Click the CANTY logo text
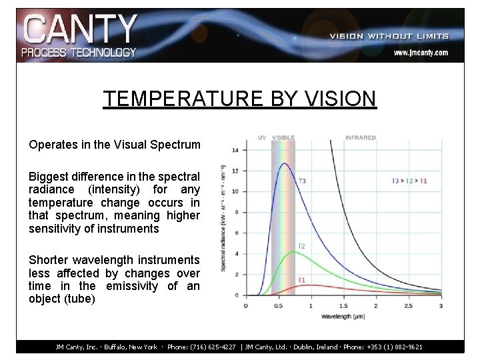pyautogui.click(x=80, y=30)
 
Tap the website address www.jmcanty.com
pyautogui.click(x=420, y=52)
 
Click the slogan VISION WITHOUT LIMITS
pyautogui.click(x=389, y=36)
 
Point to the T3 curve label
pyautogui.click(x=302, y=180)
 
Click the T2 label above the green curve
pyautogui.click(x=301, y=246)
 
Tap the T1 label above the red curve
pyautogui.click(x=301, y=279)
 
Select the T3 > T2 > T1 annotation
pyautogui.click(x=410, y=180)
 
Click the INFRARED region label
pyautogui.click(x=360, y=138)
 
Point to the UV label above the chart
pyautogui.click(x=262, y=138)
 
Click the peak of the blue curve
pyautogui.click(x=285, y=163)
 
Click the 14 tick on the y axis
pyautogui.click(x=235, y=151)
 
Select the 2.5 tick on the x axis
pyautogui.click(x=408, y=305)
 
